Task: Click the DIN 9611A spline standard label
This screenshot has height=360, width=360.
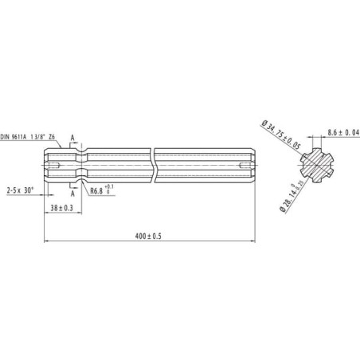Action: (27, 137)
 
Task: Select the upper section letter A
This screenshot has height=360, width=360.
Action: (72, 138)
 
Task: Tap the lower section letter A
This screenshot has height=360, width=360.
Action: (72, 194)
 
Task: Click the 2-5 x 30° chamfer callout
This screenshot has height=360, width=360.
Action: (21, 190)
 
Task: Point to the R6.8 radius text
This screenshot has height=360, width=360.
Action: (96, 191)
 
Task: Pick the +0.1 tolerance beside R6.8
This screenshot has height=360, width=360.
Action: (109, 186)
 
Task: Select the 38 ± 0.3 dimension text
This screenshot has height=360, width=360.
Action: (61, 208)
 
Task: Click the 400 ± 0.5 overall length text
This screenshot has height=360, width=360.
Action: (148, 236)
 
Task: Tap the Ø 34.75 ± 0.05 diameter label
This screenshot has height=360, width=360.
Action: (280, 135)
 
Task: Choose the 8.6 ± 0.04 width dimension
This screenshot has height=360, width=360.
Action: (343, 132)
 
